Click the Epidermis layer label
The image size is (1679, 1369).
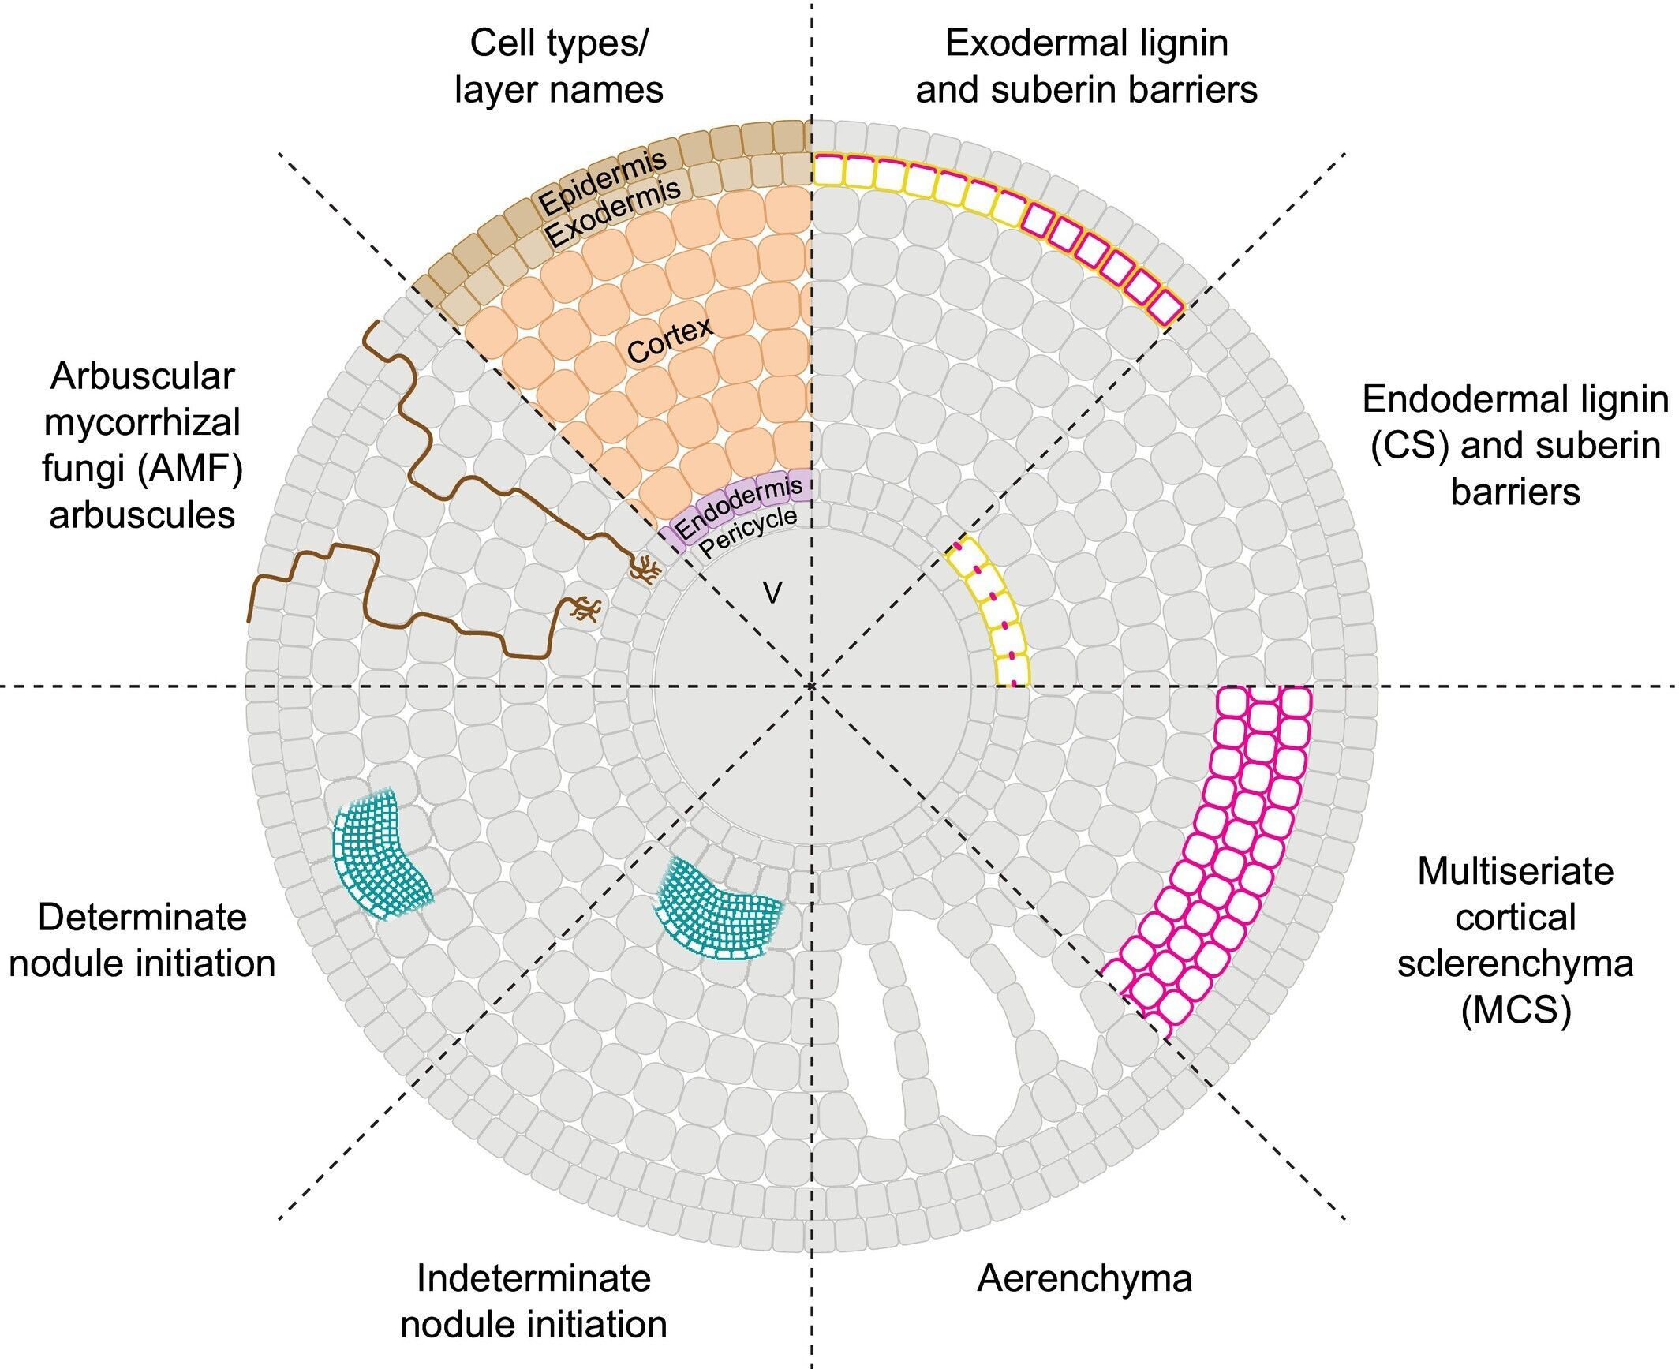[602, 181]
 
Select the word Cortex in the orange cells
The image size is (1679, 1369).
[670, 339]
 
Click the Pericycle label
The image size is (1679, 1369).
[748, 533]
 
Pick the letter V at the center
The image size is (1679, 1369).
[772, 593]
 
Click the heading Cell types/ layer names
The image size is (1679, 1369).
[559, 66]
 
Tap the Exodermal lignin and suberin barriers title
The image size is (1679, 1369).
[1086, 66]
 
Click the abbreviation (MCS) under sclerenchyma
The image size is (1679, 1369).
[1515, 1010]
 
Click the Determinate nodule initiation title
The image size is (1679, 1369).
[142, 941]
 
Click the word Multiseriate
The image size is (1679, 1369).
[1515, 872]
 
